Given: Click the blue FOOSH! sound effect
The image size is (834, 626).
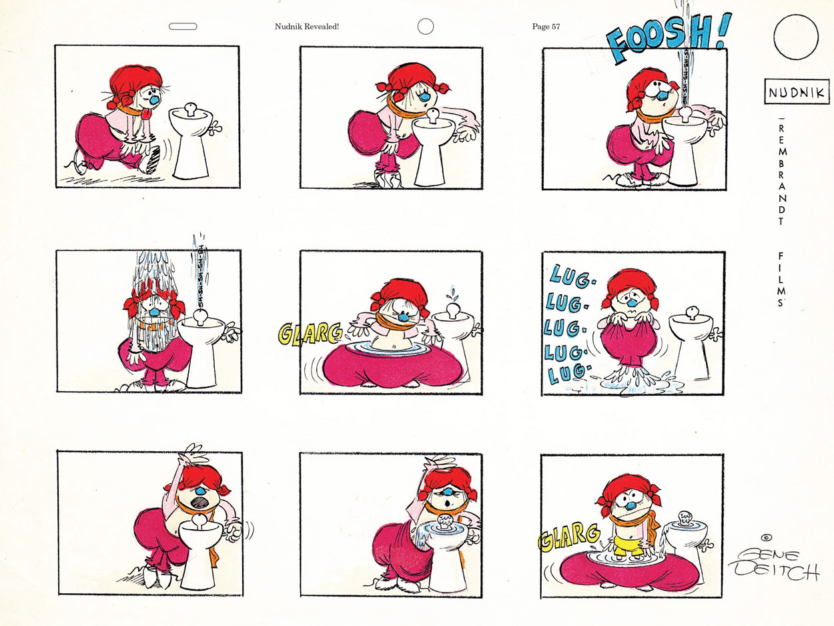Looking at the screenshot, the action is (x=669, y=37).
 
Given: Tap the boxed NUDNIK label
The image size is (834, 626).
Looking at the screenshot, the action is (x=796, y=91).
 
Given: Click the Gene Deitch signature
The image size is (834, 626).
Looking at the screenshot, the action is (x=774, y=565).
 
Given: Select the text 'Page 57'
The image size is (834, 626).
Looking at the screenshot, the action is (x=546, y=27).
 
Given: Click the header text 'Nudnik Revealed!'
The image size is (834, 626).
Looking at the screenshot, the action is (x=307, y=27).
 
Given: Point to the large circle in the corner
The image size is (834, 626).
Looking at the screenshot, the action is (x=796, y=37).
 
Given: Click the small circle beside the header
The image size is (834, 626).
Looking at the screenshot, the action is (x=426, y=27).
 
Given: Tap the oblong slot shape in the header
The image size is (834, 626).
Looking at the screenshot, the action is (x=183, y=27).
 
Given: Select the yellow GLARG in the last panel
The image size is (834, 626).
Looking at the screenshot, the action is (x=568, y=537).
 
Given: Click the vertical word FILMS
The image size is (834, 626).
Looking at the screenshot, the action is (x=781, y=280).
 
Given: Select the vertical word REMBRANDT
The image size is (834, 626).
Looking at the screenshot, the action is (x=781, y=174).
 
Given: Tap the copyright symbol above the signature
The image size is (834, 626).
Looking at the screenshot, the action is (x=767, y=538).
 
